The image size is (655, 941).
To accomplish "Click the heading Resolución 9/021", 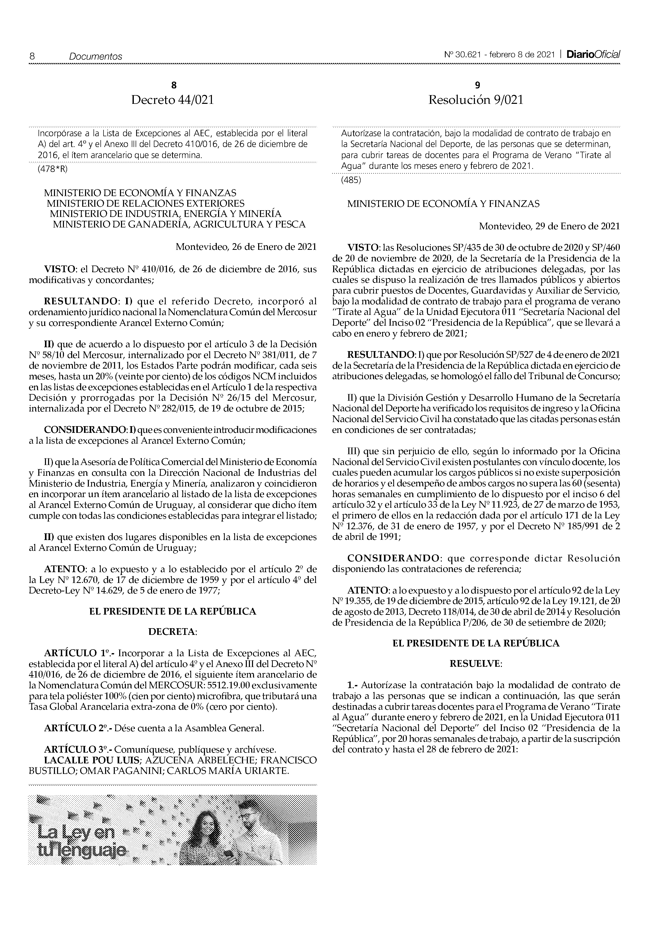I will click(x=476, y=100).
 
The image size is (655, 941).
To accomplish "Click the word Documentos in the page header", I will click(x=96, y=57).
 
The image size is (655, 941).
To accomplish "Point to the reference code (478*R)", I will click(x=52, y=169).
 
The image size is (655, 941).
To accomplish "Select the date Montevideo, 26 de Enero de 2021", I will click(x=246, y=247).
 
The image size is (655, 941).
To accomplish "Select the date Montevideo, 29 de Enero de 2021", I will click(x=549, y=226).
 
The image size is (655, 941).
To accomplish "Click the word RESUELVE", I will click(x=476, y=664).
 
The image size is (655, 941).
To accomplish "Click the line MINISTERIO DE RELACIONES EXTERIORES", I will click(x=145, y=203).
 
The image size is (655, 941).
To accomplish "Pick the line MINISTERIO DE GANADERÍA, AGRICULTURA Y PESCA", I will click(x=179, y=225).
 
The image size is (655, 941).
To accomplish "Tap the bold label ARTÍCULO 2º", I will click(x=77, y=728).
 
